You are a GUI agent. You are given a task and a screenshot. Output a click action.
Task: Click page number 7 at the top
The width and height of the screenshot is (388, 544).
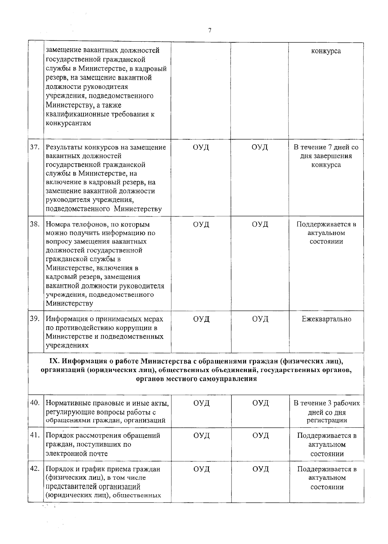coord(210,30)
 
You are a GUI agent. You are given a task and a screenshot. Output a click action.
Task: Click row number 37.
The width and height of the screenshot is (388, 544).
coord(35,147)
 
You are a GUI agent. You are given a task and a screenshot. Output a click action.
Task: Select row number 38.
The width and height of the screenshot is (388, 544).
coord(35,224)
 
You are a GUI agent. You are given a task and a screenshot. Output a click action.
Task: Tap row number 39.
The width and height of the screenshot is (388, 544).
coord(35,319)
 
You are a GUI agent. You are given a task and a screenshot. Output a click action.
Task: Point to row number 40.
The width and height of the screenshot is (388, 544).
coord(35,403)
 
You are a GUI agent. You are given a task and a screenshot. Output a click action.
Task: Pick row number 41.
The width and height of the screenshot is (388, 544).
coord(35,435)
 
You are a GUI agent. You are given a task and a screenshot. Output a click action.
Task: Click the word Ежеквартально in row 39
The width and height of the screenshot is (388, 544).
coord(326,319)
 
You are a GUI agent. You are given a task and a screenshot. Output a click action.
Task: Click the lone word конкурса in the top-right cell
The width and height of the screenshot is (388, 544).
coord(326,51)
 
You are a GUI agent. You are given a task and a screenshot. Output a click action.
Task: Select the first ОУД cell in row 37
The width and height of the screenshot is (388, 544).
coord(201,147)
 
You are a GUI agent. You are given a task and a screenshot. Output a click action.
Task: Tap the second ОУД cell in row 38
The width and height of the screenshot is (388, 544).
coord(260,224)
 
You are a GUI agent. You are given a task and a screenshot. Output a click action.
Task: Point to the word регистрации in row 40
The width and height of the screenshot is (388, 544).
coord(327,421)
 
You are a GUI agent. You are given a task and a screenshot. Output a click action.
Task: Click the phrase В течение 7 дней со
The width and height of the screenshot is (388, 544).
coord(326,147)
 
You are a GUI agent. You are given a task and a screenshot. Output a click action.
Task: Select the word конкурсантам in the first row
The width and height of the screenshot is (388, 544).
coord(68,123)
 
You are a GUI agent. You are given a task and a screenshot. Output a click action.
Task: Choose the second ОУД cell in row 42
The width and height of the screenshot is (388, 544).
coord(260,469)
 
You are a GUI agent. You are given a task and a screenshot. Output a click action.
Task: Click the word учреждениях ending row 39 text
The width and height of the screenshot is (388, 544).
coord(67,346)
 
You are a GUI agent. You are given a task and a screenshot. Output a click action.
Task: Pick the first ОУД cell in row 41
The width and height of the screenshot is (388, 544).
coord(201,435)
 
